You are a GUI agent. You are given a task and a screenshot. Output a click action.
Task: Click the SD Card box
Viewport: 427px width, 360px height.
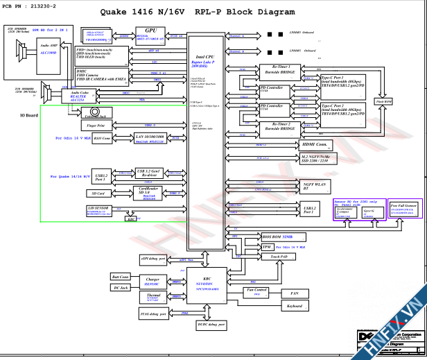pyautogui.click(x=98, y=194)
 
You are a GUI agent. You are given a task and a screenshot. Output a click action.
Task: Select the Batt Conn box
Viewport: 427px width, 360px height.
pyautogui.click(x=120, y=277)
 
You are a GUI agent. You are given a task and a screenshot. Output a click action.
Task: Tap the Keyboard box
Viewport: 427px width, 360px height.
pyautogui.click(x=294, y=305)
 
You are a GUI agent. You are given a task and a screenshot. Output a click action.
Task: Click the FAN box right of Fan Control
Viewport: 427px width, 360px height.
pyautogui.click(x=294, y=293)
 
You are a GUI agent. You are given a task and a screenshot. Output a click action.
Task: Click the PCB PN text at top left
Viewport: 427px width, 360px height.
pyautogui.click(x=28, y=6)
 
